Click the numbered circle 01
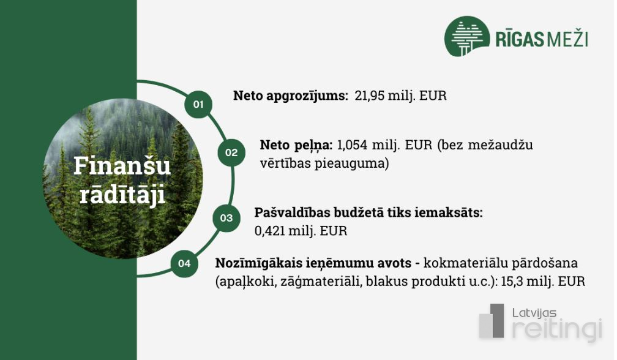tap(198, 104)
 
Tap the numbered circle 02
tap(231, 152)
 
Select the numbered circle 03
tap(226, 218)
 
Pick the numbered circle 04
tap(184, 264)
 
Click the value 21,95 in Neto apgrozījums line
tap(370, 96)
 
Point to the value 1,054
tap(352, 144)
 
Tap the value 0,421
tap(270, 231)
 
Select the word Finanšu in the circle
tap(122, 166)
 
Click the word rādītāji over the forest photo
tap(122, 194)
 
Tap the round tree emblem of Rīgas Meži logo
tap(466, 36)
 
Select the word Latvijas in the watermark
tap(534, 313)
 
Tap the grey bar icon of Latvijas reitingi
tap(492, 321)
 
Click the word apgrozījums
tap(307, 96)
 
